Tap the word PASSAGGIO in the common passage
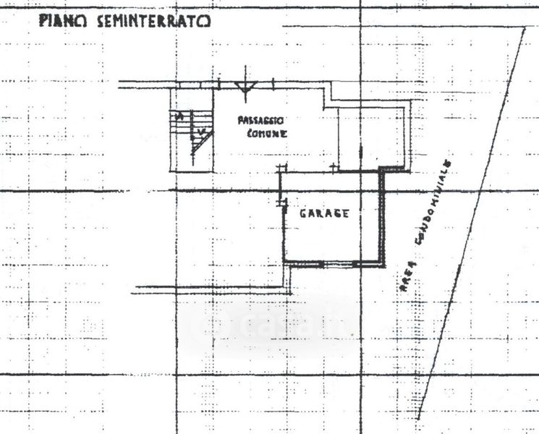[260, 121]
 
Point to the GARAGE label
[325, 213]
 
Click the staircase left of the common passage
[192, 130]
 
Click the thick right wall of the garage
[383, 217]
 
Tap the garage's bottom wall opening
[340, 261]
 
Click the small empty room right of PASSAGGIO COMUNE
[374, 134]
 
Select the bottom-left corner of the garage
[284, 260]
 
